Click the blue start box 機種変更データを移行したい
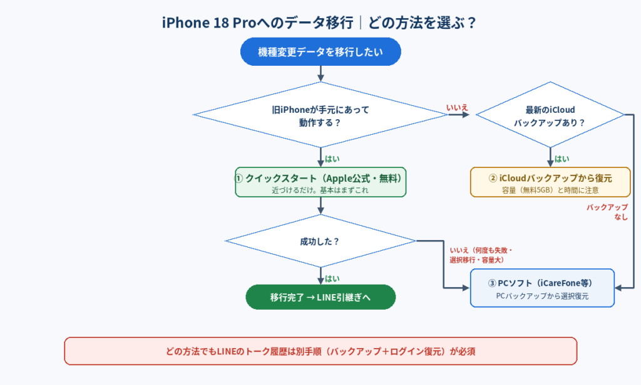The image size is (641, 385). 320,51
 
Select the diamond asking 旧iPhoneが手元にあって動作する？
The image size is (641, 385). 320,115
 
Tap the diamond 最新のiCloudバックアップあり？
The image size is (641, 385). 550,115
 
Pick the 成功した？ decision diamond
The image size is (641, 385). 320,241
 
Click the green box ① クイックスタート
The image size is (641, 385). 320,182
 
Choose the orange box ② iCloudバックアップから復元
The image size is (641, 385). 550,182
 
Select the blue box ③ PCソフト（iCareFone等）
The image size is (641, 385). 542,288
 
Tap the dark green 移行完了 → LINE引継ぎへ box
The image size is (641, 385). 320,297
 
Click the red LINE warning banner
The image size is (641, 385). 320,351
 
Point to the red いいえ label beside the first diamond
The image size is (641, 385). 457,107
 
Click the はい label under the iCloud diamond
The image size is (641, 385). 562,159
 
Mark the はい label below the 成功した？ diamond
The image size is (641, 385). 332,278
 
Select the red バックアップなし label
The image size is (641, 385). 607,212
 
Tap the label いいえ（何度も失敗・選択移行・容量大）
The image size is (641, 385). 481,255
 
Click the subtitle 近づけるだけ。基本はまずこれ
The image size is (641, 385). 320,190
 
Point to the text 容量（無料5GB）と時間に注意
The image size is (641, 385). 550,190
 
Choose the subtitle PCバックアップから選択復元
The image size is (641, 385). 542,296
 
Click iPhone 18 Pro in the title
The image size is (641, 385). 209,23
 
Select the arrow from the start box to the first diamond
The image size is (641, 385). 320,74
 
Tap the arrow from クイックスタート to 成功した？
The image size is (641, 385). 320,206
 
